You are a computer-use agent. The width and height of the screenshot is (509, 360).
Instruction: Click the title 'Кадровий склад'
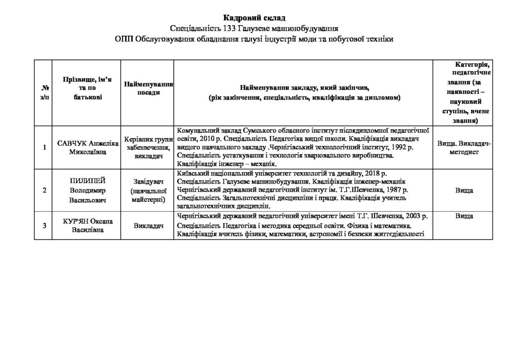tap(254, 18)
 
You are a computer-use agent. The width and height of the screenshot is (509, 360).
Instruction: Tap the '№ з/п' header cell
tap(44, 92)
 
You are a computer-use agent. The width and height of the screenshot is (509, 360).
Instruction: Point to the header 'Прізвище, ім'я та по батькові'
tap(87, 88)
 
